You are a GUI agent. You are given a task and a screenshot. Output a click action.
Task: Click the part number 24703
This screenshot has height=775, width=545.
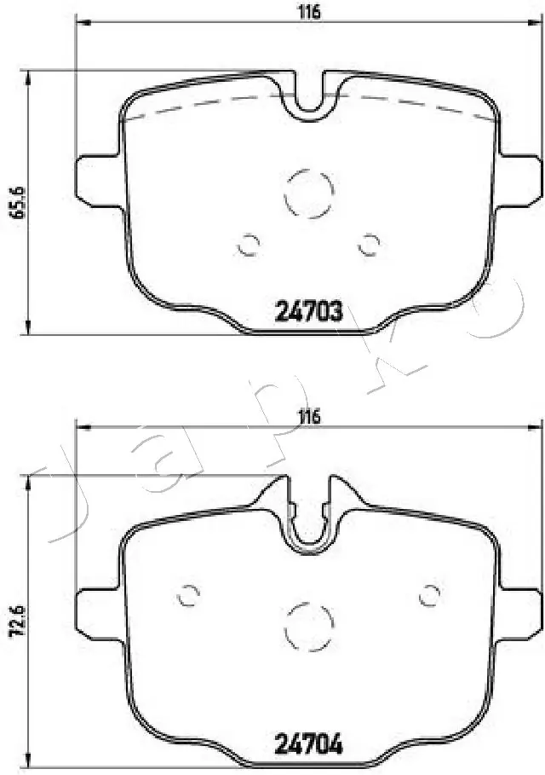pos(308,313)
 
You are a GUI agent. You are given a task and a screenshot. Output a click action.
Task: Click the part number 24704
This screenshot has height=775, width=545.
pos(308,745)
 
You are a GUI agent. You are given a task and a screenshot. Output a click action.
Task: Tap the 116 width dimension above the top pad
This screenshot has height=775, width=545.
pos(309,12)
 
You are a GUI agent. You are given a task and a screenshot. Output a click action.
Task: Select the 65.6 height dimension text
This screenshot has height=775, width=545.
pos(14,202)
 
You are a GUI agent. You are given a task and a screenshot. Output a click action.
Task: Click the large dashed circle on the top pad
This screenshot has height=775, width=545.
pos(307,194)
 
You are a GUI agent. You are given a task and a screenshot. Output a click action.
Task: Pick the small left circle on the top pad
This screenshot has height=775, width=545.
pos(248,245)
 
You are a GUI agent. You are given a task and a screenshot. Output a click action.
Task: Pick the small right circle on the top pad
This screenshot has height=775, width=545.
pos(368,245)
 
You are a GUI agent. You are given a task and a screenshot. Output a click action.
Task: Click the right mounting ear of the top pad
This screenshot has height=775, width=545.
pos(519,180)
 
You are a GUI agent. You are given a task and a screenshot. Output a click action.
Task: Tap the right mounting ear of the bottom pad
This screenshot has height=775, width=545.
pos(519,611)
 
